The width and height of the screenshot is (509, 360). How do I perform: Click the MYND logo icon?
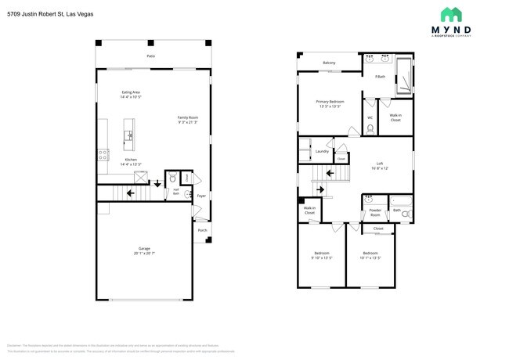click(x=451, y=15)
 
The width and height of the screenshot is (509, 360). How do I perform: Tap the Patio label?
click(x=150, y=56)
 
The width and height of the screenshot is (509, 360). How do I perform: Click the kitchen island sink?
click(x=129, y=135)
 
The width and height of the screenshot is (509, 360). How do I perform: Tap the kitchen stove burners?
click(x=102, y=154)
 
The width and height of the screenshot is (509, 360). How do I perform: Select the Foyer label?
click(x=201, y=196)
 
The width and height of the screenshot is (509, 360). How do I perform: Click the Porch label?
click(x=202, y=230)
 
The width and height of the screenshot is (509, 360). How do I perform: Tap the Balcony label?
click(x=330, y=63)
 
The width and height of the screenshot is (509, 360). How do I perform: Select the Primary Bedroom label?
click(x=330, y=103)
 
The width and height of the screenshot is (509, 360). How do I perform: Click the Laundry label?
click(x=321, y=151)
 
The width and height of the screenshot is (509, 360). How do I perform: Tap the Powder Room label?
click(x=375, y=212)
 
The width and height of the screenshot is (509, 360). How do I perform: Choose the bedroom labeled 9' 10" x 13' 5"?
click(x=322, y=255)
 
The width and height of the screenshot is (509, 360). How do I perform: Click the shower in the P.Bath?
click(x=403, y=76)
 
